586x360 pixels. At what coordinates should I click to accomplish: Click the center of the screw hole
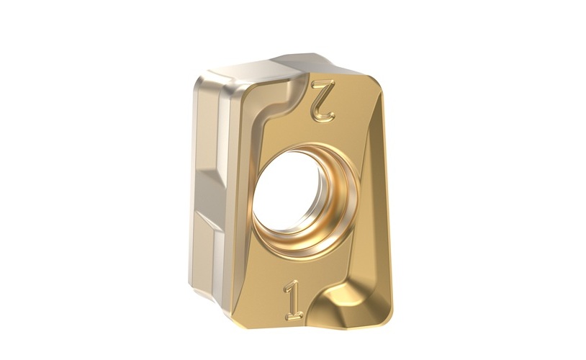tap(288, 191)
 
